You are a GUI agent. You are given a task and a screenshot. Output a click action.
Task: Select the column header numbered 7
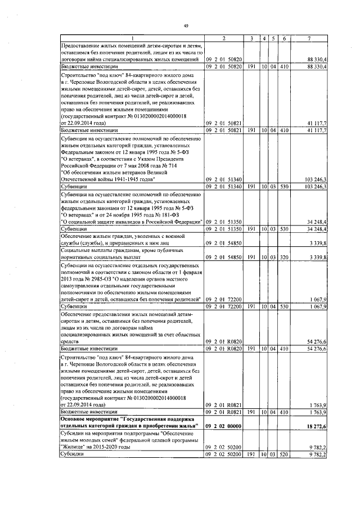pyautogui.click(x=309, y=38)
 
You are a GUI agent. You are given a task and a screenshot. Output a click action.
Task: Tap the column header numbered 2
pyautogui.click(x=223, y=38)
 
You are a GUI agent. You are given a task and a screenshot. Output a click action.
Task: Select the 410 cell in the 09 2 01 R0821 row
pyautogui.click(x=284, y=412)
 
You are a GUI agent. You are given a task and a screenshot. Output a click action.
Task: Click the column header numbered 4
pyautogui.click(x=264, y=38)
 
